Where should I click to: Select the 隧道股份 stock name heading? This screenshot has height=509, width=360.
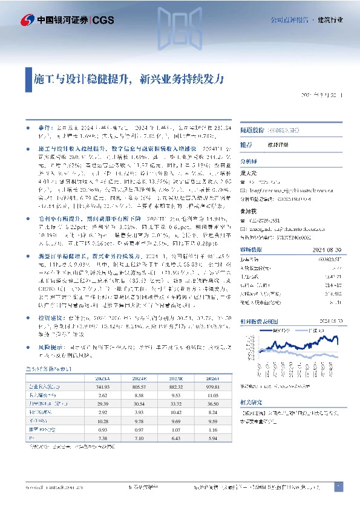253,130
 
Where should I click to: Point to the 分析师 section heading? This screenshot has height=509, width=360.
249,161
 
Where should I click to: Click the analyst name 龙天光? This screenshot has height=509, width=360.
249,173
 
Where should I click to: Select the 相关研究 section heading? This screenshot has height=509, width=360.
252,401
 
